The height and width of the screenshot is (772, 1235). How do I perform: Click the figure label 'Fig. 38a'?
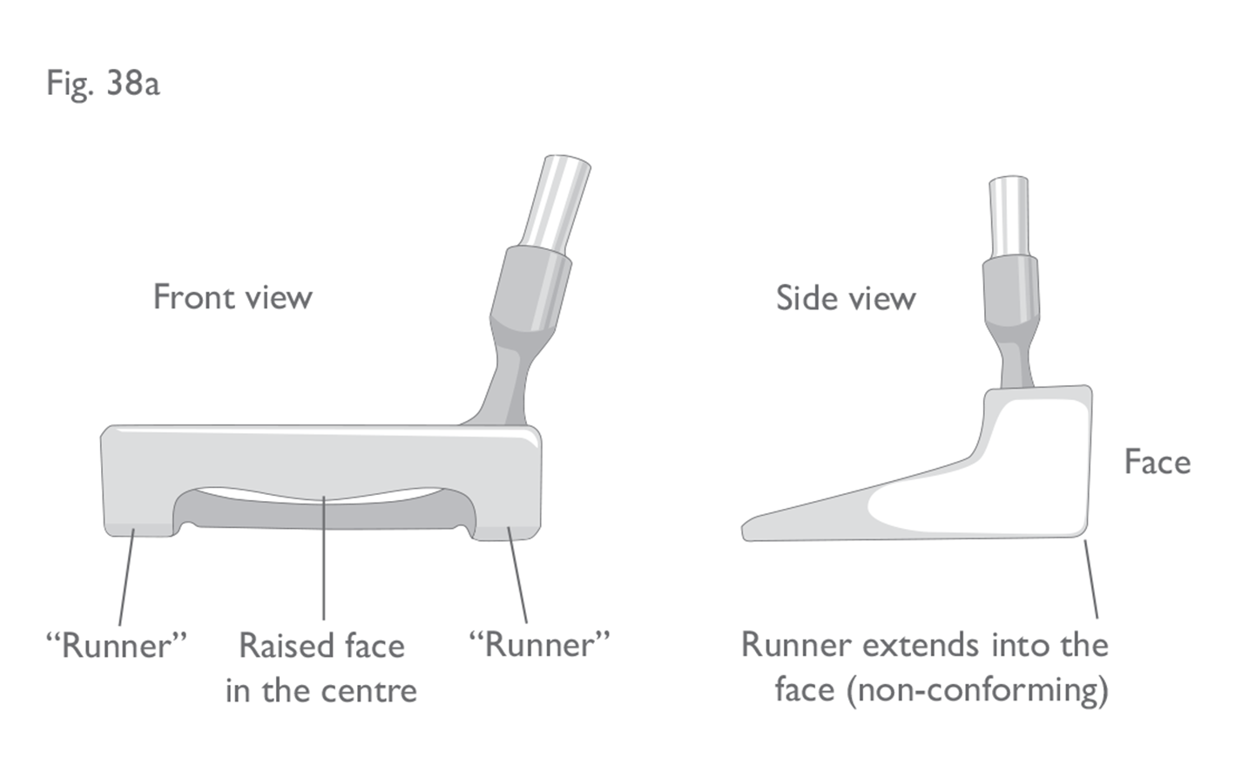(x=103, y=84)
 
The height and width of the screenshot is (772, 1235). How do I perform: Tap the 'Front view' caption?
(x=233, y=297)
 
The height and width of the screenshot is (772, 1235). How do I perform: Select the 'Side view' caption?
(x=846, y=298)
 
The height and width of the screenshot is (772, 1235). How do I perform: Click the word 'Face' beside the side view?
(x=1157, y=462)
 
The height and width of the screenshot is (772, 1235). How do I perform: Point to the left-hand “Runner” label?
(x=117, y=645)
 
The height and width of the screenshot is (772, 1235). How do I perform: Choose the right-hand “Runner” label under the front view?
(x=540, y=644)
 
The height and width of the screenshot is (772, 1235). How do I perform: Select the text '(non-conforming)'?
(x=977, y=691)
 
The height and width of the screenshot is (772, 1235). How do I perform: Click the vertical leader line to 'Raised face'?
(x=324, y=558)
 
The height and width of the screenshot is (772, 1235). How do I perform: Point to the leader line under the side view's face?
(x=1091, y=579)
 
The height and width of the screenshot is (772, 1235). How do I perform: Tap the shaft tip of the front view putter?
(x=568, y=159)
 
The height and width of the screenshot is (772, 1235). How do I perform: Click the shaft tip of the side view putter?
(x=1009, y=179)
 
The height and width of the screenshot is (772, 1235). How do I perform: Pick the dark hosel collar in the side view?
(x=1010, y=291)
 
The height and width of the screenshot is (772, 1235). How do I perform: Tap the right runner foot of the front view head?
(x=506, y=532)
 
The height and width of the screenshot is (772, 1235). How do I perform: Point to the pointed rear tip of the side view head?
(x=745, y=533)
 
